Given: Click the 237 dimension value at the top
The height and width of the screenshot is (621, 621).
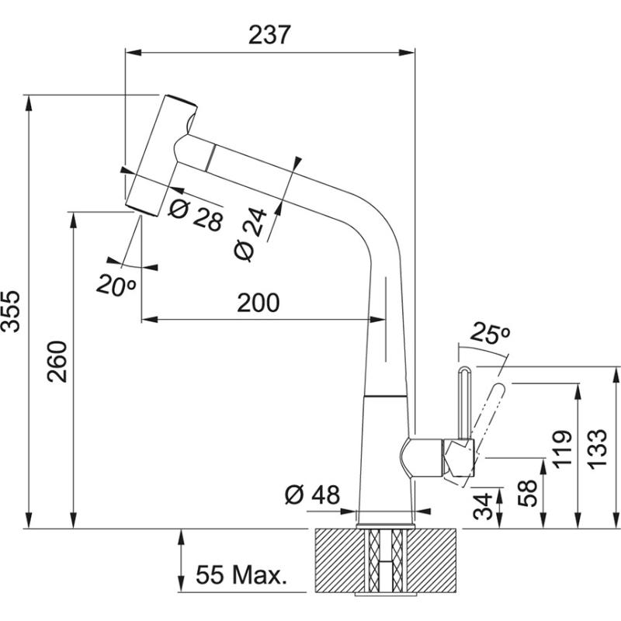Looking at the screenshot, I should [269, 34].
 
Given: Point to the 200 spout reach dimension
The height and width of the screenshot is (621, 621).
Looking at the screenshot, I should [258, 303].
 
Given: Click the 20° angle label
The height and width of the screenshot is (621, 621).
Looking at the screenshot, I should [116, 285].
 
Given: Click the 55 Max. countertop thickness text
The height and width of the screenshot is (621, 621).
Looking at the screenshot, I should [241, 575].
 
